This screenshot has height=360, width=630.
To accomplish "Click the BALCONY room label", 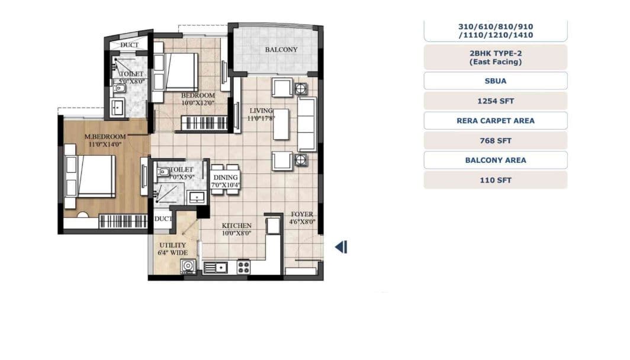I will (x=281, y=50).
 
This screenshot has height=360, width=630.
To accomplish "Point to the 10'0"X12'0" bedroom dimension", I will (x=197, y=102).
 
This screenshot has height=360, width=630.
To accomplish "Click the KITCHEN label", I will (x=236, y=226).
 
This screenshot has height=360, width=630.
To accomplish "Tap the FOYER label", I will (x=301, y=214).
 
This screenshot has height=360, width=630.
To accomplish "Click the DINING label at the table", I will (x=225, y=178).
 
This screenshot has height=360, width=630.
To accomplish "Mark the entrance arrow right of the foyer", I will (x=341, y=247).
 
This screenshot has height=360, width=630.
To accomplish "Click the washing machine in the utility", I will (x=189, y=267).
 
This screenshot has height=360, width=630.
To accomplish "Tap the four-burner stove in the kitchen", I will (x=243, y=267).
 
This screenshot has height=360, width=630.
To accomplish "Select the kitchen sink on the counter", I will (x=217, y=268).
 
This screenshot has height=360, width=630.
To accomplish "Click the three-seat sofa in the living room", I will (x=307, y=124).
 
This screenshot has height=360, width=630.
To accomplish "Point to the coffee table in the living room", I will (x=281, y=124).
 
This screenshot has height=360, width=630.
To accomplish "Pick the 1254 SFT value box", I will (x=495, y=101).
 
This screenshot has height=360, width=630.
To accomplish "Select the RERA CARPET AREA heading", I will (x=495, y=120).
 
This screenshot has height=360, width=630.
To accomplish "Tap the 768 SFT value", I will (x=495, y=140).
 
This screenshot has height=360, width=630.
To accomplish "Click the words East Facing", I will (x=495, y=62).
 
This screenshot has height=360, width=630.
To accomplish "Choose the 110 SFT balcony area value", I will (x=495, y=180).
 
